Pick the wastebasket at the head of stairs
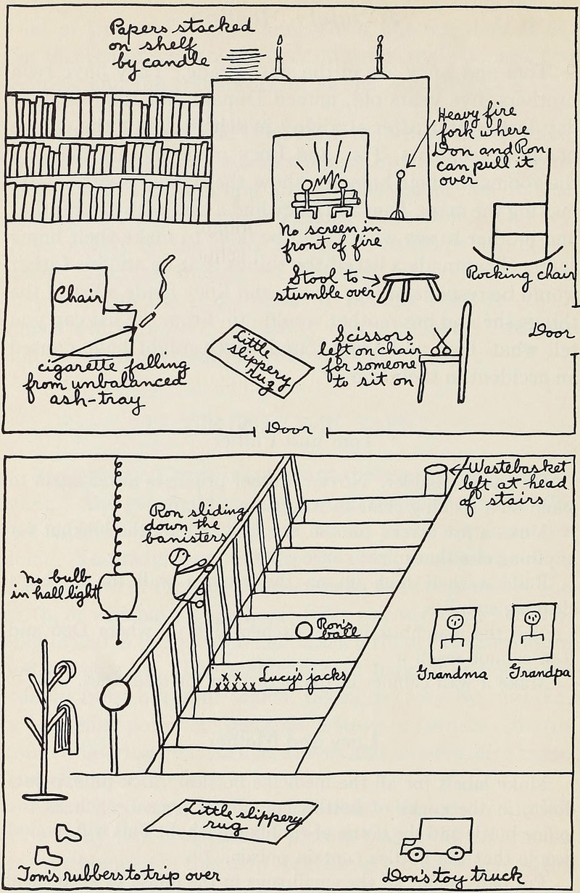[436, 480]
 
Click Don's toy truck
[437, 840]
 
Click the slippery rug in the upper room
[260, 359]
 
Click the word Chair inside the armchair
[79, 295]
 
